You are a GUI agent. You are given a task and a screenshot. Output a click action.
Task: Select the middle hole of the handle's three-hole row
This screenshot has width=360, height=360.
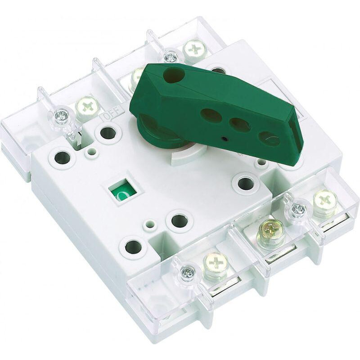click(239, 124)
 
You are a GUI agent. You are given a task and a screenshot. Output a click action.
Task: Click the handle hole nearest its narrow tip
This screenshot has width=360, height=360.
click(269, 138)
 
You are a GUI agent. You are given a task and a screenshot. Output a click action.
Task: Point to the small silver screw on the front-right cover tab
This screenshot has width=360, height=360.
click(298, 209)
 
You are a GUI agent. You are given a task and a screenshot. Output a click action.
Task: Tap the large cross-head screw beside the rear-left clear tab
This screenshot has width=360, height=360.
click(87, 107)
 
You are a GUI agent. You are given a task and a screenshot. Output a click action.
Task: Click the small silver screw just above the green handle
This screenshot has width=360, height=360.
click(170, 57)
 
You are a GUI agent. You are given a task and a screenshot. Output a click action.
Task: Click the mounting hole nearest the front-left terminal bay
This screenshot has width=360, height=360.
click(133, 246)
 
